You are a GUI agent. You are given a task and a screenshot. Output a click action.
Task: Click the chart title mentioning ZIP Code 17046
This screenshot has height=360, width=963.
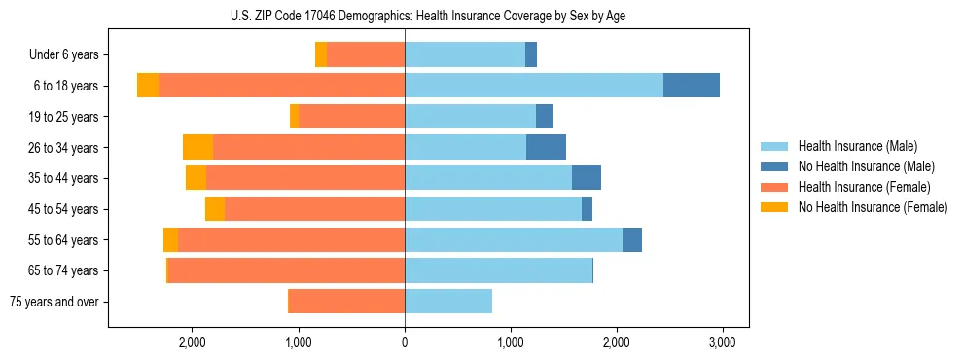click(405, 16)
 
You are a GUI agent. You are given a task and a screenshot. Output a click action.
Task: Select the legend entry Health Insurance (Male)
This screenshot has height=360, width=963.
click(857, 146)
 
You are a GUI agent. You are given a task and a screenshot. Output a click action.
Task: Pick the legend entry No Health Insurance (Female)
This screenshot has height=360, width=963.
click(872, 207)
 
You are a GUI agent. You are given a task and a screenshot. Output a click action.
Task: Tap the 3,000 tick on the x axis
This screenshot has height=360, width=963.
click(721, 342)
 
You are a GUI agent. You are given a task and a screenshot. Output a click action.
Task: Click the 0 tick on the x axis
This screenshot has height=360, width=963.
click(405, 342)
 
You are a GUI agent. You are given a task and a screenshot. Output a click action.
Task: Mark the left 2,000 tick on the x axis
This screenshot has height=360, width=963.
click(193, 342)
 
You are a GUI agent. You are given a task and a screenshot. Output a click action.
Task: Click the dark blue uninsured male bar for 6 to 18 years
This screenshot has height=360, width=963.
click(692, 86)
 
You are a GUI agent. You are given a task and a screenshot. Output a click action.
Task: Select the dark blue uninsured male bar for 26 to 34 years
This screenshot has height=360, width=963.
click(546, 147)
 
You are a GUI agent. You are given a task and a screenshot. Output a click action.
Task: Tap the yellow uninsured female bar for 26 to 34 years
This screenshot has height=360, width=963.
click(197, 147)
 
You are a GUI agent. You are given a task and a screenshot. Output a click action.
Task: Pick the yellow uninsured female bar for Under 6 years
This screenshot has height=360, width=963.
click(321, 55)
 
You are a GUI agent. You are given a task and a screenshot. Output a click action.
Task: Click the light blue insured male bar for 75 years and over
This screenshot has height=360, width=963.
click(448, 302)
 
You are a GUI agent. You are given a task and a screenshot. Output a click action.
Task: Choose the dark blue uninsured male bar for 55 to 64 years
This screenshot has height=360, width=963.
click(632, 239)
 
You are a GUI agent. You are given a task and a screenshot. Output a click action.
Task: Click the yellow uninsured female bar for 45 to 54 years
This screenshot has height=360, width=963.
click(215, 209)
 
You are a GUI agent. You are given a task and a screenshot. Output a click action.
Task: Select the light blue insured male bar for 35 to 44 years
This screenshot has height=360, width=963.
click(488, 178)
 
